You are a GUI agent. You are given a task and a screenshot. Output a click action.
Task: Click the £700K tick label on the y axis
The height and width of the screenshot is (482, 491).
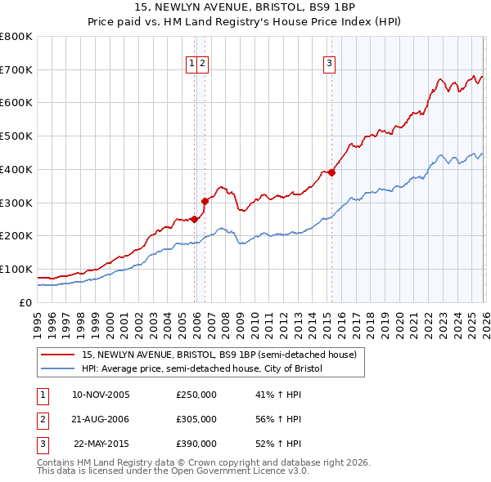[x=16, y=69]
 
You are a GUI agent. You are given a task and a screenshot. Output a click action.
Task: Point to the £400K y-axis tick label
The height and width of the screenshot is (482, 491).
[x=16, y=169]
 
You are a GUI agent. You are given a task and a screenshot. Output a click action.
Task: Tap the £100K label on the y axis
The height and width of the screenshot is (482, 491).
[x=16, y=269]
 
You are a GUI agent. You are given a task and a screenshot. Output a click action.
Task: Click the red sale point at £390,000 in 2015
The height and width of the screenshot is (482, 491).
[x=331, y=172]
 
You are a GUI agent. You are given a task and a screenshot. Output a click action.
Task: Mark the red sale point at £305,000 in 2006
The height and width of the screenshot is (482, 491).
[x=205, y=200]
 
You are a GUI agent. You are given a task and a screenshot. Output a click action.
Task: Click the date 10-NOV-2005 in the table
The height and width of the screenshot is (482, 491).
[x=101, y=395]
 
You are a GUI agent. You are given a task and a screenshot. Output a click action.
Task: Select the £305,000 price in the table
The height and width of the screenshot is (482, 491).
[x=196, y=419]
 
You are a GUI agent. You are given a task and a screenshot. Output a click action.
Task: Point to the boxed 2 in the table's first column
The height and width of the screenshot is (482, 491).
[x=41, y=419]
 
